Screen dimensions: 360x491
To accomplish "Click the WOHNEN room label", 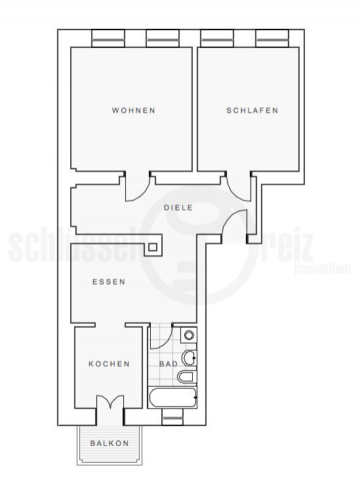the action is point(134,111).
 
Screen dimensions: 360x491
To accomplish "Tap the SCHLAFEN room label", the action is point(252,111).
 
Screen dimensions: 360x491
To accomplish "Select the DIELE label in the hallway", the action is point(178,208).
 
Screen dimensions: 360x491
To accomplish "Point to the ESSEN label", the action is point(109,282).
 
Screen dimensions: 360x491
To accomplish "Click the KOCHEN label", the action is point(109,364).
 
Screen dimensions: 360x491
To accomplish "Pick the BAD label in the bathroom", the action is point(169,364).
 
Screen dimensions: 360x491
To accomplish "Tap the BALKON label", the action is point(110,443).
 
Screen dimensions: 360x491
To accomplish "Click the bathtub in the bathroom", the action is point(172,398).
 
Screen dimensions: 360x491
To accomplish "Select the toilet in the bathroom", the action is point(187,377).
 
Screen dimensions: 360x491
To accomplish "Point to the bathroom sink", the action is point(190,358).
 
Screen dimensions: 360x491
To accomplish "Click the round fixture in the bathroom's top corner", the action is point(189,335).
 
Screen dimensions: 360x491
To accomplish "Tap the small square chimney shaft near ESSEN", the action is point(153,247).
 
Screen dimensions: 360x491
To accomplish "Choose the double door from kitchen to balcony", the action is point(110,402).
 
